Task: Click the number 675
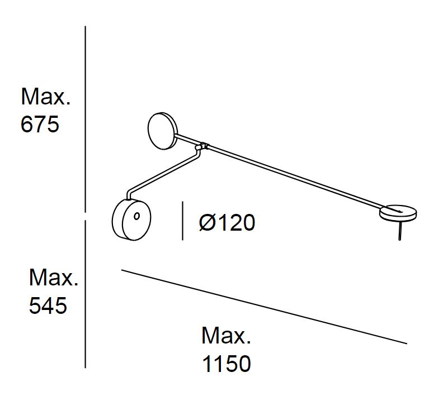(x=40, y=124)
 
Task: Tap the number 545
(x=48, y=305)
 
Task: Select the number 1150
(x=227, y=364)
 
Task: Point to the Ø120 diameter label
(x=227, y=222)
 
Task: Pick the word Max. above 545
(x=54, y=278)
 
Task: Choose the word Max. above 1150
(x=226, y=336)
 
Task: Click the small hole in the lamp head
(x=136, y=216)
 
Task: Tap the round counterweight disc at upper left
(x=163, y=131)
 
